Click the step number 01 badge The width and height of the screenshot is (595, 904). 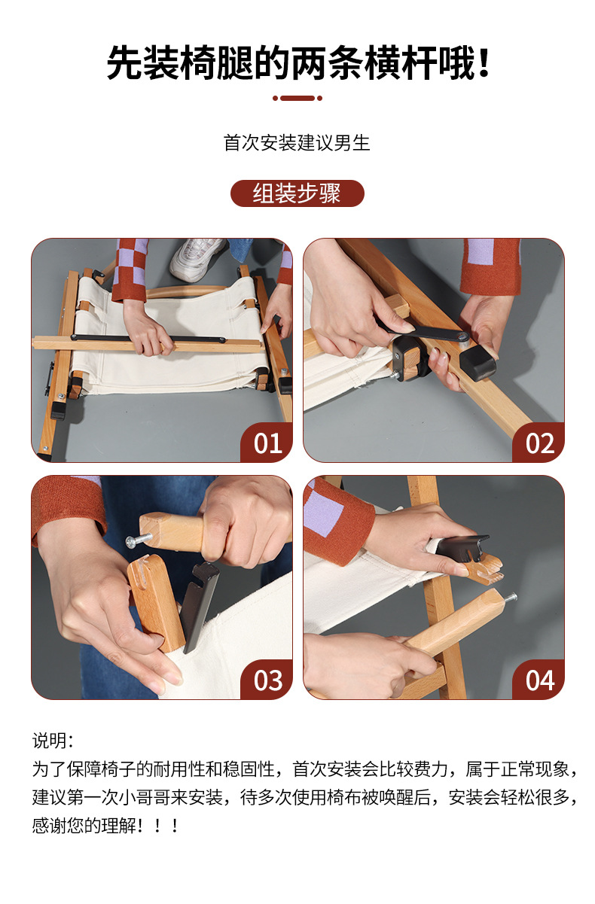click(267, 443)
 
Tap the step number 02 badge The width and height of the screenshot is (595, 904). click(539, 443)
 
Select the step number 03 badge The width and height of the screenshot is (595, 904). click(267, 680)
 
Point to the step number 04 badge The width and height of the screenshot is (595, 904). click(539, 680)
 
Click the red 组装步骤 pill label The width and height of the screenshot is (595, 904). click(297, 193)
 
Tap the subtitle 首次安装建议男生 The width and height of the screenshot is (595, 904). click(297, 143)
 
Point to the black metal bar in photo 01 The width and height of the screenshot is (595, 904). click(148, 338)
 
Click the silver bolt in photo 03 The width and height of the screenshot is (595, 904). click(138, 540)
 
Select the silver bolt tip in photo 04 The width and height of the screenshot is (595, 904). click(510, 596)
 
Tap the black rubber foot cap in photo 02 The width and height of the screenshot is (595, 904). click(478, 365)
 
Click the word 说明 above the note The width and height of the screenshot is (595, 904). click(48, 741)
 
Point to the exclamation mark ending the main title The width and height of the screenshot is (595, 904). click(483, 63)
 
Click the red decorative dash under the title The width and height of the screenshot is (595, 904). click(297, 98)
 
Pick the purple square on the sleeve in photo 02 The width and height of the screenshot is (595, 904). click(481, 251)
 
